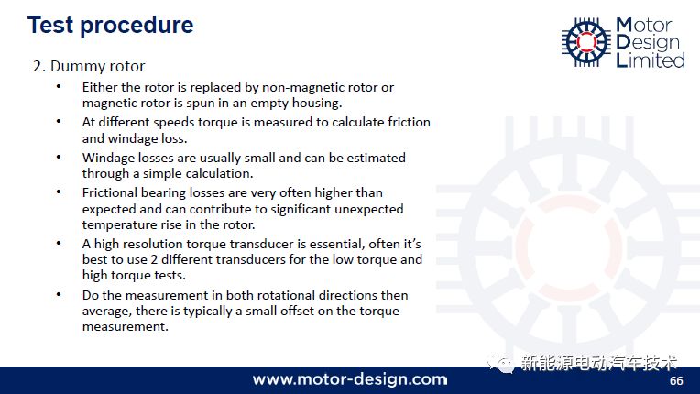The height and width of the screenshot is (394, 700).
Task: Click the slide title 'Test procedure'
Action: coord(110,25)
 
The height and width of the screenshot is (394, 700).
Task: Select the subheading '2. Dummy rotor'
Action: coord(89,67)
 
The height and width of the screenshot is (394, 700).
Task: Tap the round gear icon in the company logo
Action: coord(586,42)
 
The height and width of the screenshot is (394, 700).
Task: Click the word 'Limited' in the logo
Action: coord(650,60)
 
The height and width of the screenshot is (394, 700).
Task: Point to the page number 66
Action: coord(676,380)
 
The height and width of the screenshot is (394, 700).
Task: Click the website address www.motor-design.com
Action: coord(350,379)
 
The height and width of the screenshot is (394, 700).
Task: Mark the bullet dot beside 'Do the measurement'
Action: coord(59,294)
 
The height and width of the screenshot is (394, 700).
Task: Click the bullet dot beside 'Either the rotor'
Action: coord(59,86)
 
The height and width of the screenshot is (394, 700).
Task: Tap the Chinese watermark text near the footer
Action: coord(598,363)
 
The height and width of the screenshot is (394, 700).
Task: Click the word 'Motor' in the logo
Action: coord(643,26)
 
